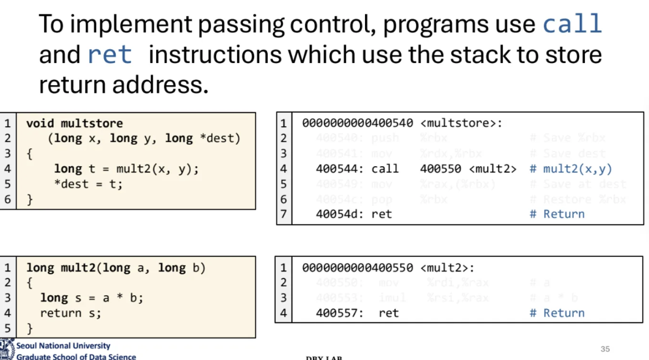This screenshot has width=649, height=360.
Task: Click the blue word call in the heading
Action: point(572,24)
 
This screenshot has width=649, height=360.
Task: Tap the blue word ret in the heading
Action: point(110,55)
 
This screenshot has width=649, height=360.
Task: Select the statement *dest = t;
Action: point(89,184)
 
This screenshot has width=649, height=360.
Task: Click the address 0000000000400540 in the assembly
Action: point(357,123)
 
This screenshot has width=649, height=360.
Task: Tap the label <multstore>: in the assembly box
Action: point(461,123)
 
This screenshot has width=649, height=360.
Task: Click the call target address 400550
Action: point(440,169)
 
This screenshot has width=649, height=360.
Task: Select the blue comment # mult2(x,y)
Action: point(570,169)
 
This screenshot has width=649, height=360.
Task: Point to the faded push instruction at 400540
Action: point(385,138)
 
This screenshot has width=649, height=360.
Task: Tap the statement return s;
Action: point(71,313)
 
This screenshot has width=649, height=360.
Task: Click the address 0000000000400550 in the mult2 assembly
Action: point(357,268)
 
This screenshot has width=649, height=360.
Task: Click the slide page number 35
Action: point(605,349)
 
